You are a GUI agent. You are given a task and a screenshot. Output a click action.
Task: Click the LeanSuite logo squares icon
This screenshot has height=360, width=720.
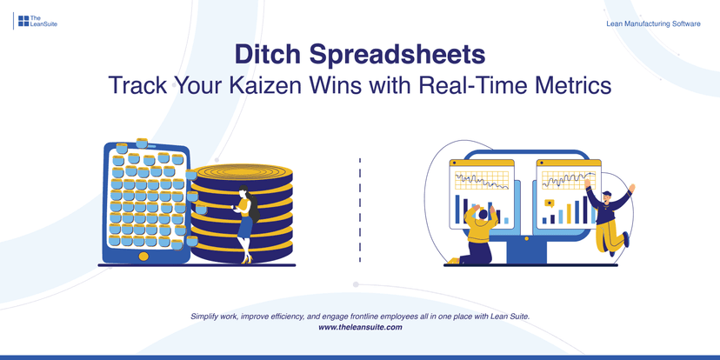tap(23, 21)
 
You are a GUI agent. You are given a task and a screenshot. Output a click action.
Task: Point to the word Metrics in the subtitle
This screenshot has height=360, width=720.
tap(570, 87)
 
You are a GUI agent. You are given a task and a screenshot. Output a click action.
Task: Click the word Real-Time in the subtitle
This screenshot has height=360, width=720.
tap(469, 87)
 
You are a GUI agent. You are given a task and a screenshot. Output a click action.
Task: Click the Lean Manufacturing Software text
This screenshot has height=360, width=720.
tap(653, 23)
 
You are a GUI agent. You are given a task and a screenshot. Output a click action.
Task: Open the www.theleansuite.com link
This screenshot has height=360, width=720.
tap(360, 327)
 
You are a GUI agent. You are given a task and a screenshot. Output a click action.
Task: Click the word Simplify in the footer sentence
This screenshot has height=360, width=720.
tap(207, 316)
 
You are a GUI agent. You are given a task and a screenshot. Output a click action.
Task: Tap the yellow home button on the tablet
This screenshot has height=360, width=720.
tap(144, 256)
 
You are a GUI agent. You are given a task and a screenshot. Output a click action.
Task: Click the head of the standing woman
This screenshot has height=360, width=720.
tap(245, 192)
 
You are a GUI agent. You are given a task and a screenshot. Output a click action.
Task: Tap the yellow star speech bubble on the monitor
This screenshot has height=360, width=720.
tap(549, 203)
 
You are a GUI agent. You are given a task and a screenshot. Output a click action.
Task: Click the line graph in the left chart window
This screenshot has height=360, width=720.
tap(482, 180)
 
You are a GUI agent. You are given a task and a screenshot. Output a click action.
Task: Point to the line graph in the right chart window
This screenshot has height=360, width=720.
tap(566, 179)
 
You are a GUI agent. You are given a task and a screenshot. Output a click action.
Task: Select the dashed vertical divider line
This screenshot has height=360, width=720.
tap(359, 209)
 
